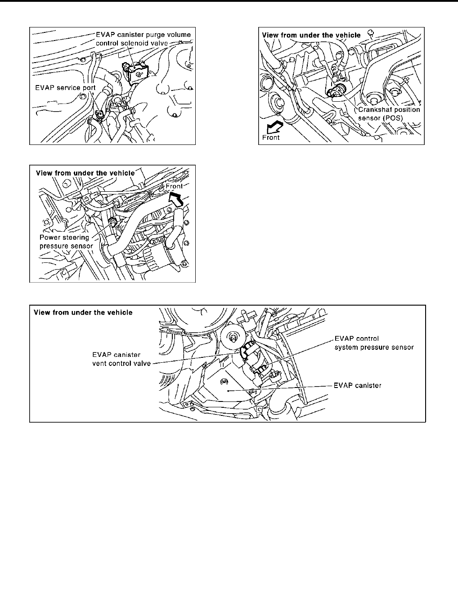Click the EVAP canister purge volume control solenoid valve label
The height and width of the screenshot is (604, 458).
(143, 38)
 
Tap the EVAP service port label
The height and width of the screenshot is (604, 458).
(65, 88)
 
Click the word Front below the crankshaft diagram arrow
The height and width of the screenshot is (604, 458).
(271, 137)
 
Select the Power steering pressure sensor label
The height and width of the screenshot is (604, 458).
(66, 242)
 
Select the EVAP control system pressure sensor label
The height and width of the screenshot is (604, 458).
(374, 343)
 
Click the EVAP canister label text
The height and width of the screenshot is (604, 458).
(358, 386)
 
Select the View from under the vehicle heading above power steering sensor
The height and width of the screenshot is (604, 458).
(85, 173)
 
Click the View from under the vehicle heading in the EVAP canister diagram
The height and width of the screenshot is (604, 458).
(83, 312)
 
